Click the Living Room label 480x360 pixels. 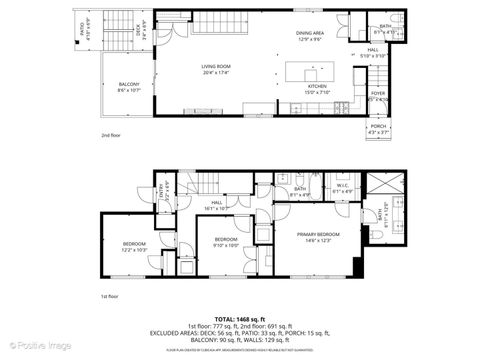214,69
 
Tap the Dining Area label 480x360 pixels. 310,37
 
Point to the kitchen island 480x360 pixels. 312,72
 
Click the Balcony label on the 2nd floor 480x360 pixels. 129,87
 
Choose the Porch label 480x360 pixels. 377,128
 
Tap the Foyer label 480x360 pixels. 377,98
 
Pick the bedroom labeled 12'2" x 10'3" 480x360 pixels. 135,247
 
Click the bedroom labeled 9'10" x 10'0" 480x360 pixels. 226,242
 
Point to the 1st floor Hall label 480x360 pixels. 217,204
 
